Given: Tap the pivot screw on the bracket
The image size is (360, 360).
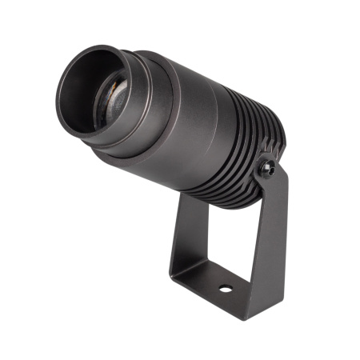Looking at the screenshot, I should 270,169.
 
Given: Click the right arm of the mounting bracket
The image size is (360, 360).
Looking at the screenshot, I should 268,232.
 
